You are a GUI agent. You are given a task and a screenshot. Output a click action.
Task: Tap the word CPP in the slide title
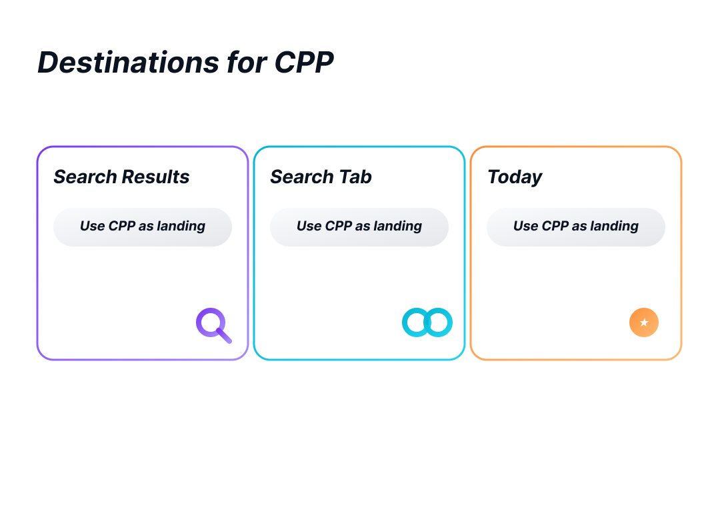coord(304,63)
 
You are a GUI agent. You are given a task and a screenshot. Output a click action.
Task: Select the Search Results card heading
coord(121,177)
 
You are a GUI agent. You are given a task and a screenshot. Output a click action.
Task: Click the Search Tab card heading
coord(321,177)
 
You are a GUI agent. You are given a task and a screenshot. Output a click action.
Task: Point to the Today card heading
coord(514,177)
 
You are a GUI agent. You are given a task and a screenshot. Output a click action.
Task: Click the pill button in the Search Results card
coord(143,227)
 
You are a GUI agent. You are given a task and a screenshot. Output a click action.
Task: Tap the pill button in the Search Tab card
coord(359,227)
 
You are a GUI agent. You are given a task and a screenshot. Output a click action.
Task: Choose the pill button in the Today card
coord(576,227)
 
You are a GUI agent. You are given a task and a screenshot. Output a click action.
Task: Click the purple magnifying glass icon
coord(213,324)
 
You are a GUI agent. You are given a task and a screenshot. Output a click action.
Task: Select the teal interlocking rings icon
coord(427,322)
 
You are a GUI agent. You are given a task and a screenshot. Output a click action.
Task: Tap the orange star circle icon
coord(644,322)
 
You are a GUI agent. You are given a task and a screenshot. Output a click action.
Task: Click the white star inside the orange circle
coord(644,322)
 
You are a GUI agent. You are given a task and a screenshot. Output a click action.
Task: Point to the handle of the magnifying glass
coord(225,336)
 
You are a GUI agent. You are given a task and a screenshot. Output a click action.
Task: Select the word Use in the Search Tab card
coord(309,227)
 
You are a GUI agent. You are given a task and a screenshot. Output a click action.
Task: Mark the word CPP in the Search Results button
coord(121,227)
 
